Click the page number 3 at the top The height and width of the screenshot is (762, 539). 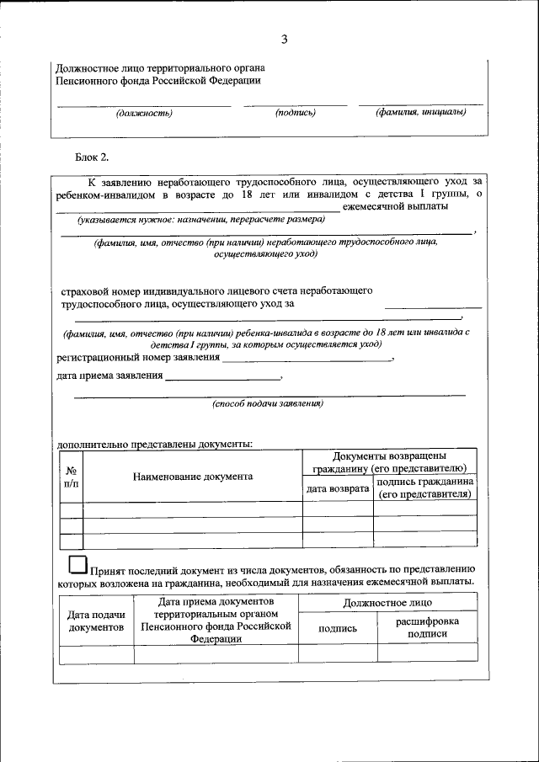click(284, 40)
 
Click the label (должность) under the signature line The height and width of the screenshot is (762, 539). click(144, 112)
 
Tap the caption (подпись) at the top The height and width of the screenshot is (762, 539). click(295, 112)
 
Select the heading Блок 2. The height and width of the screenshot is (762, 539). click(92, 157)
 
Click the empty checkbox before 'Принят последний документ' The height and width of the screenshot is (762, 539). click(77, 563)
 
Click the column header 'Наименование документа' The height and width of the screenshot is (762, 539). click(193, 476)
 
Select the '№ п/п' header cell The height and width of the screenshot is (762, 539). click(72, 477)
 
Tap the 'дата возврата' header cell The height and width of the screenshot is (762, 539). click(338, 488)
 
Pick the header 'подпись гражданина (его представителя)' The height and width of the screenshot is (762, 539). click(424, 488)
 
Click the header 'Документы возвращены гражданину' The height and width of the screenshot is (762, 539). click(389, 461)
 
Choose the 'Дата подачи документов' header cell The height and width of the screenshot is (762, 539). click(97, 621)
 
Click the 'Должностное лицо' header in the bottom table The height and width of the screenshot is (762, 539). click(387, 603)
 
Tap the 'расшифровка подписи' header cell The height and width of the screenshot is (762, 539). click(427, 627)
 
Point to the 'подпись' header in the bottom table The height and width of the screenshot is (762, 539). click(338, 628)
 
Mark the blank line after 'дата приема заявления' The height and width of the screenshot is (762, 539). click(223, 378)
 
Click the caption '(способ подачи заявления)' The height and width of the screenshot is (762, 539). click(267, 403)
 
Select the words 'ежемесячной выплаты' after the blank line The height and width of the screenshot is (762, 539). click(394, 205)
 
